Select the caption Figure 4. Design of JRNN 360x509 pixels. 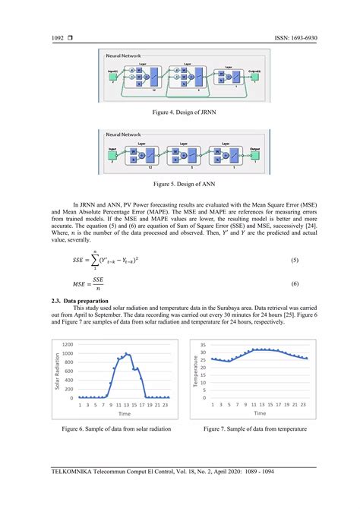click(x=180, y=111)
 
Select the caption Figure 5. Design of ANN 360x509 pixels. click(x=180, y=184)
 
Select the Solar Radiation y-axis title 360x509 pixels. click(x=57, y=372)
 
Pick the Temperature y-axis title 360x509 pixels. click(x=195, y=372)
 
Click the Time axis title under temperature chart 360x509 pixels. click(x=260, y=414)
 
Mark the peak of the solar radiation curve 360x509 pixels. click(x=127, y=354)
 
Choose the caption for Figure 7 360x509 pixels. click(x=254, y=429)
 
